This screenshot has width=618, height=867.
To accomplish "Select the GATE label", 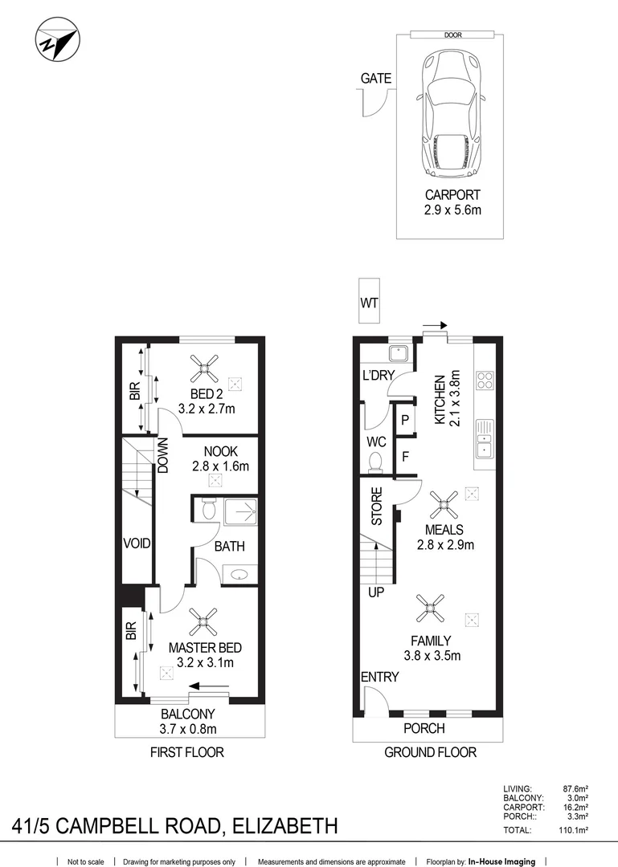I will coord(376,79).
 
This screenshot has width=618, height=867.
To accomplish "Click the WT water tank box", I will coord(370,303).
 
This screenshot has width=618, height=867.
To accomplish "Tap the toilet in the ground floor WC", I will coord(374,462).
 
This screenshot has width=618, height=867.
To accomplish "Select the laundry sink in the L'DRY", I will coord(396,355).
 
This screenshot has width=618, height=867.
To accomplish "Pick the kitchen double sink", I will coord(486,438).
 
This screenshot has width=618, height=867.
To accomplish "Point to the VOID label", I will coord(137,544).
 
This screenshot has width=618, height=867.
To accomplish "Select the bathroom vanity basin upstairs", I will coord(239,574).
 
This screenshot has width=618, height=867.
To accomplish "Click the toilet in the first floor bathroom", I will coord(208,508).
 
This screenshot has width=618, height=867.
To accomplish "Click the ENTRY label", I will coord(379,678).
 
